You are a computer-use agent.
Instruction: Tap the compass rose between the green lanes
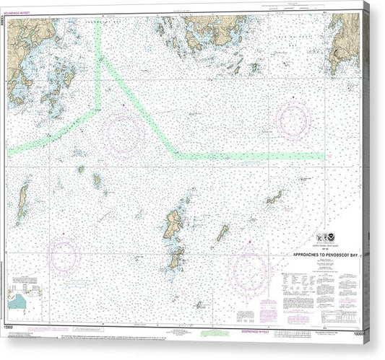(x=123, y=133)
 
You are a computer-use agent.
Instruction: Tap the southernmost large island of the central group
(x=176, y=258)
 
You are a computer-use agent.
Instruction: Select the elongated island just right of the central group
(x=222, y=232)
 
